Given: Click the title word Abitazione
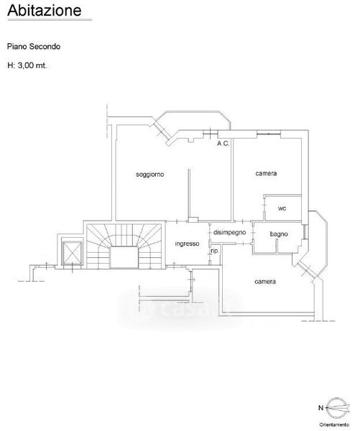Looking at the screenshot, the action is [45, 10].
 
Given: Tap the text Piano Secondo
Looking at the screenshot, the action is [34, 47].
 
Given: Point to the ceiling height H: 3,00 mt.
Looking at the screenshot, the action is [27, 65].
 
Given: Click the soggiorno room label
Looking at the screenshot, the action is [150, 175].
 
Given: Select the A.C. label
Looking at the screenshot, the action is [223, 144].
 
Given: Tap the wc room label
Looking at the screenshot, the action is [282, 208].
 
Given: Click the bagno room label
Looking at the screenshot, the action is [279, 234].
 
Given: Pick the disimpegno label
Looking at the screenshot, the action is [230, 233].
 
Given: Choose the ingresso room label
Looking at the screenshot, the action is [187, 244].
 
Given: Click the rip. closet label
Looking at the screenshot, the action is [214, 251].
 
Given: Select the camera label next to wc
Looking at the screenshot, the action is [266, 173].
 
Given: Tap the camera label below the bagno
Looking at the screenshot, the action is [265, 282].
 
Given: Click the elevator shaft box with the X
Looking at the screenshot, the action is [72, 252].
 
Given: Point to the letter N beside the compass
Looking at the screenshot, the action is [320, 408].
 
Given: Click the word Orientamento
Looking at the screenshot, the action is [334, 425].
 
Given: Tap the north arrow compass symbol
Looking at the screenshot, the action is [338, 408].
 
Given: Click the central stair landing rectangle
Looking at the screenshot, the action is [124, 257].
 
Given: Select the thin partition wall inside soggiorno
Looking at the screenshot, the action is [189, 194].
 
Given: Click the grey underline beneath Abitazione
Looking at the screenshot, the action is [50, 20].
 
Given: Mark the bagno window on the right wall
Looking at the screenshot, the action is [305, 231].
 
